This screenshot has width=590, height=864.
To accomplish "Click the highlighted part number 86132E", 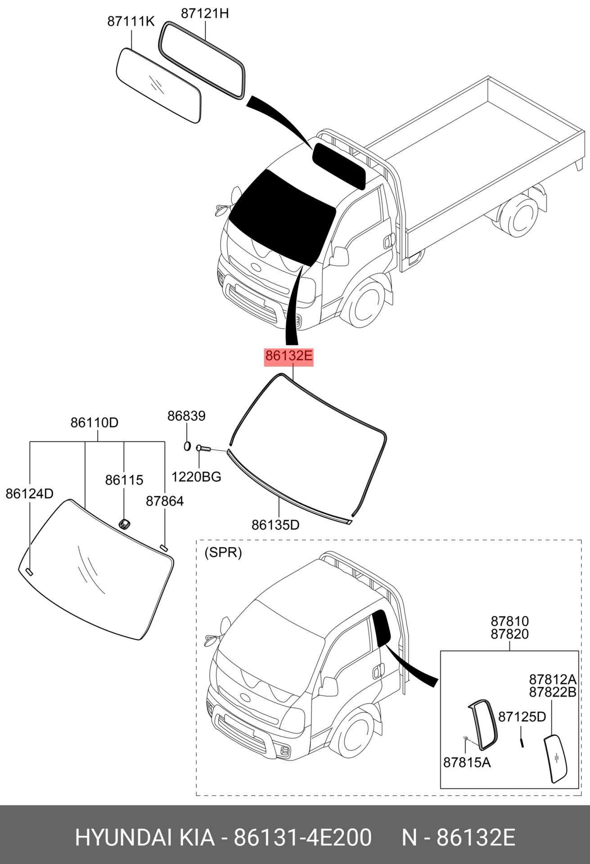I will click(x=288, y=356).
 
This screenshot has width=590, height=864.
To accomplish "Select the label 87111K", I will click(x=131, y=22).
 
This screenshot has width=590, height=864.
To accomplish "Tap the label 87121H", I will click(x=205, y=14).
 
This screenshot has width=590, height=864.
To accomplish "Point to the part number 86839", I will click(x=186, y=416).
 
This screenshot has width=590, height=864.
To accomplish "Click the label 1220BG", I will click(x=196, y=477).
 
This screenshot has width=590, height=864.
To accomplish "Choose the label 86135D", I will click(x=275, y=525).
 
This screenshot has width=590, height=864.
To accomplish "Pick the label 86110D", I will click(x=94, y=423).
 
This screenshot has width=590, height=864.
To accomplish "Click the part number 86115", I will click(x=124, y=480).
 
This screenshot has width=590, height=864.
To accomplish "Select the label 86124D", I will click(x=29, y=494).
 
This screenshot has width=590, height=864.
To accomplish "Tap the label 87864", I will click(x=165, y=501).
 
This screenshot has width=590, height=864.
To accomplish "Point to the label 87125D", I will click(x=522, y=717).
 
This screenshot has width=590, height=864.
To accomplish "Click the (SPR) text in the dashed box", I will click(x=223, y=552).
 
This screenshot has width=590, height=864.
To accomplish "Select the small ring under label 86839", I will click(x=187, y=446).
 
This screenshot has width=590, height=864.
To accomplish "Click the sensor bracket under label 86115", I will click(x=124, y=524).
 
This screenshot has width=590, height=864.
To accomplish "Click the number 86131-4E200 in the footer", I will click(x=303, y=838).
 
